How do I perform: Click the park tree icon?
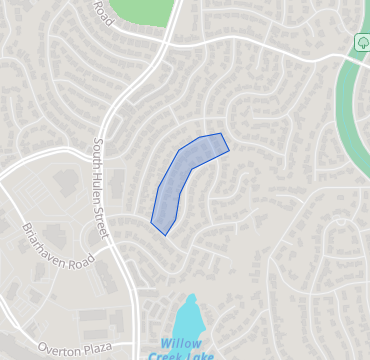[362, 42]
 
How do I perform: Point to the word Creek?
[164, 355]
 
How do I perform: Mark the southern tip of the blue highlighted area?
[164, 234]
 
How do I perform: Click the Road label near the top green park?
[100, 9]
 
